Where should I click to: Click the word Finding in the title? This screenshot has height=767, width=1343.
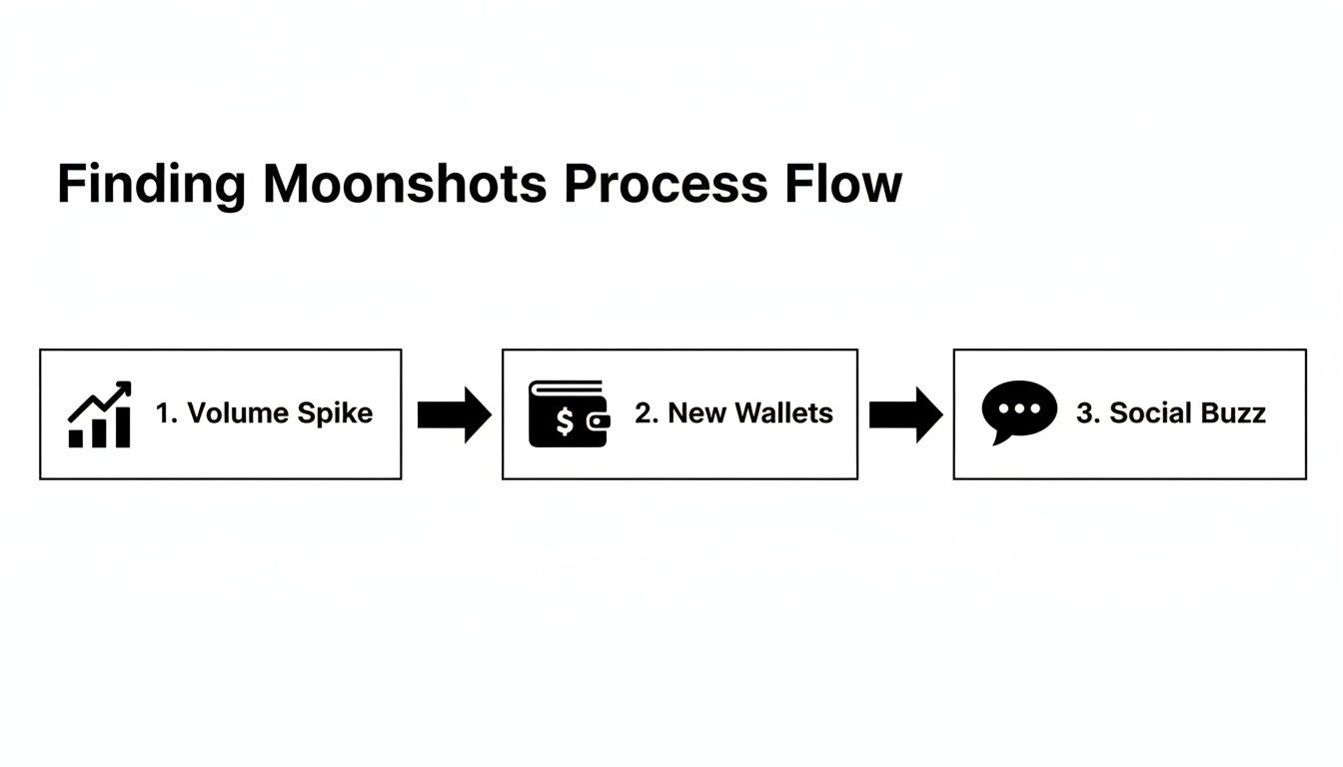[150, 185]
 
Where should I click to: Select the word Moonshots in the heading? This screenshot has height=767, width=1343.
[405, 185]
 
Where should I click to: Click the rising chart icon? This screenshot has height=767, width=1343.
[99, 413]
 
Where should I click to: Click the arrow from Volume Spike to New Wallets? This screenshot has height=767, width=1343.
[453, 413]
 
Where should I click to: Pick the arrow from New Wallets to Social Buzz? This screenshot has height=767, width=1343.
[904, 413]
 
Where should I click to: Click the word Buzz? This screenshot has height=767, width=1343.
[1235, 413]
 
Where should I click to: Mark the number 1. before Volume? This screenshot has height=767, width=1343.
[166, 413]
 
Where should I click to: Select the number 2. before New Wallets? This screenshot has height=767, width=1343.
[646, 413]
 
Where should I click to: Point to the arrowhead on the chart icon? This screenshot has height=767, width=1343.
[124, 387]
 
